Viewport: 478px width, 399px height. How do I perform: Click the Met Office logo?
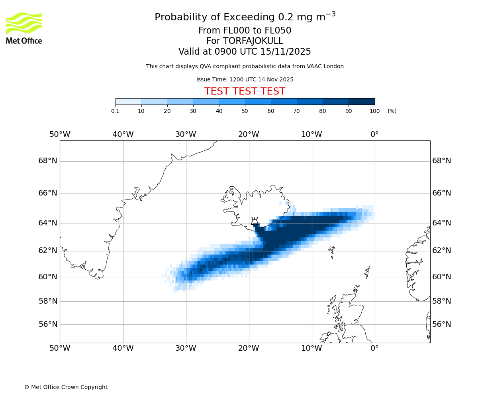pyautogui.click(x=24, y=28)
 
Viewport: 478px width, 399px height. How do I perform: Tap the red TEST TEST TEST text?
pyautogui.click(x=245, y=91)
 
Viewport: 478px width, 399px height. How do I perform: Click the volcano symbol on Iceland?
pyautogui.click(x=255, y=221)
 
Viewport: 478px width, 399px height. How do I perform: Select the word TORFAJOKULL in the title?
pyautogui.click(x=253, y=41)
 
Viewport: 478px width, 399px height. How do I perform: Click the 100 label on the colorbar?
pyautogui.click(x=374, y=111)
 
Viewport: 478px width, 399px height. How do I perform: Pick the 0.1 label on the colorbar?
pyautogui.click(x=115, y=111)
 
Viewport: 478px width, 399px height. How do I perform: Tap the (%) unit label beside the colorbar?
pyautogui.click(x=392, y=111)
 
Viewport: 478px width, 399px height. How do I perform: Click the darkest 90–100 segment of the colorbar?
pyautogui.click(x=362, y=101)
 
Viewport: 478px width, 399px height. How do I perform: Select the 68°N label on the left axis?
pyautogui.click(x=48, y=161)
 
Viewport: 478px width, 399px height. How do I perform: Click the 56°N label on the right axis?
pyautogui.click(x=442, y=324)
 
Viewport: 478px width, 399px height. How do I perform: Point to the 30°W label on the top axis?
pyautogui.click(x=186, y=134)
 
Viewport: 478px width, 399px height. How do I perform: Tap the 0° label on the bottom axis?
pyautogui.click(x=374, y=348)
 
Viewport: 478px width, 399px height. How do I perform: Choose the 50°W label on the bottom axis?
pyautogui.click(x=60, y=348)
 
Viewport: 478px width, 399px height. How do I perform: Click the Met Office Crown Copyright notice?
pyautogui.click(x=66, y=387)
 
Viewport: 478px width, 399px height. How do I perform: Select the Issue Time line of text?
pyautogui.click(x=245, y=79)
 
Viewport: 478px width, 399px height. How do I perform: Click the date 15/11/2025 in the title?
pyautogui.click(x=286, y=52)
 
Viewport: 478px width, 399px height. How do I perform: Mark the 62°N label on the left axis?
pyautogui.click(x=48, y=251)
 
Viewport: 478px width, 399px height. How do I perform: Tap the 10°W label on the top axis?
pyautogui.click(x=311, y=134)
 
